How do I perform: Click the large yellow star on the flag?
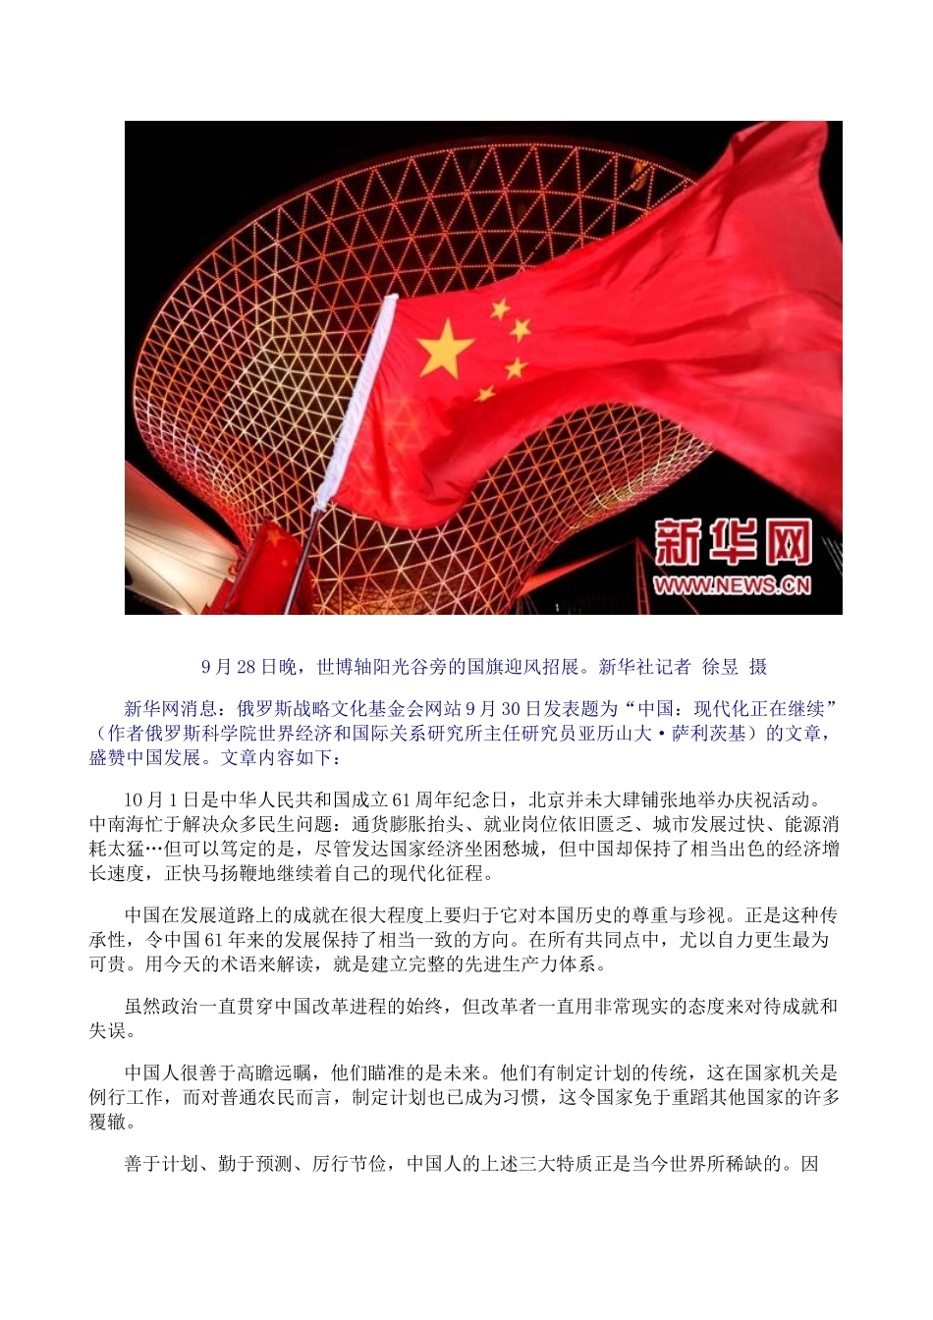pyautogui.click(x=445, y=349)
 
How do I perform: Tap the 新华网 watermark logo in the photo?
pyautogui.click(x=734, y=543)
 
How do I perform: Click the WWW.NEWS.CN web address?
pyautogui.click(x=733, y=585)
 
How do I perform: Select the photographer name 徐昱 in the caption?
pyautogui.click(x=720, y=667)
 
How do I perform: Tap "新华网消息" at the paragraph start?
pyautogui.click(x=166, y=708)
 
